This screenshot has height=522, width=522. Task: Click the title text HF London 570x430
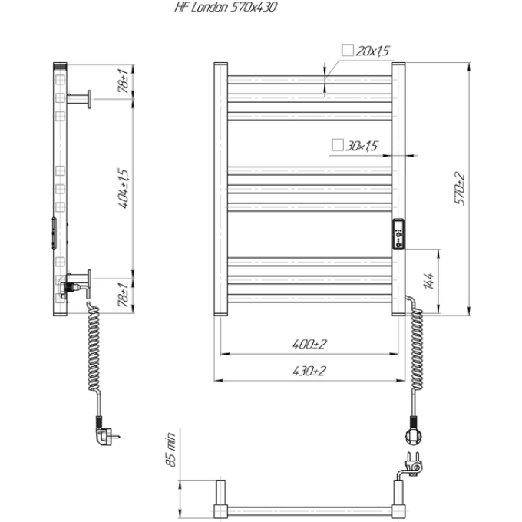(x=226, y=8)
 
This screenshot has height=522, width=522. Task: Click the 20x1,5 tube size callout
(x=372, y=51)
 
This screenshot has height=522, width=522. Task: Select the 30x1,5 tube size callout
(x=362, y=146)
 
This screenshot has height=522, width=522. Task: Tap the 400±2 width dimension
(x=309, y=344)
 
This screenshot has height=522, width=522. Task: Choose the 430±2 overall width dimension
(x=309, y=371)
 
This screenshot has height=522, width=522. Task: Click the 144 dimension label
(x=429, y=281)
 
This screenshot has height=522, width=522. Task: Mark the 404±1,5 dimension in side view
(x=124, y=188)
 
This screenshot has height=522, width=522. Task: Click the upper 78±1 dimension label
(x=123, y=81)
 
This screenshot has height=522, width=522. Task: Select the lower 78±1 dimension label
(x=123, y=296)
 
